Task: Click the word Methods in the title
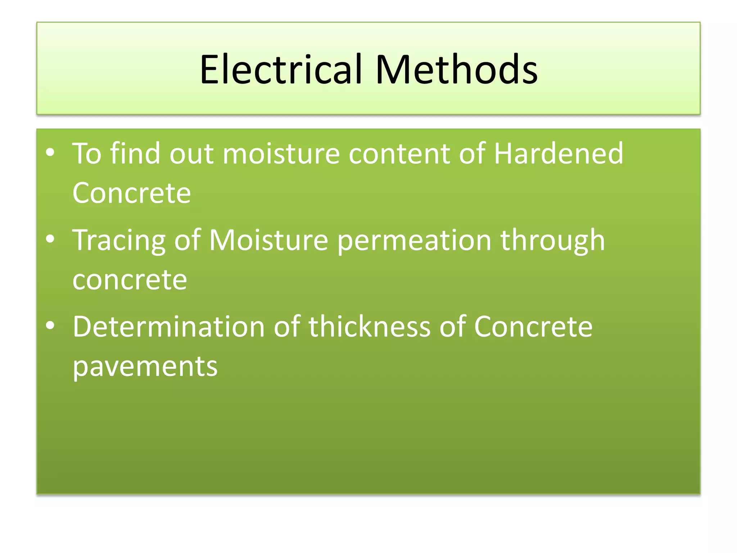coord(456,69)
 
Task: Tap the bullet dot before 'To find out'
coord(50,153)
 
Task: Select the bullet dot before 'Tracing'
coord(50,239)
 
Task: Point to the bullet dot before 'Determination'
coord(50,325)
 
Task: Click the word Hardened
coord(558,153)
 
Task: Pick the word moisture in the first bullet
coord(281,154)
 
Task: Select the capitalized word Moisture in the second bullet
coord(268,240)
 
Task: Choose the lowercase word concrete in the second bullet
coord(130,280)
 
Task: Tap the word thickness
coord(370,327)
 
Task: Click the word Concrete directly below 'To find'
coord(131,193)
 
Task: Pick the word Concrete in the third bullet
coord(533,327)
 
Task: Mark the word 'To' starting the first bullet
coord(87,153)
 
